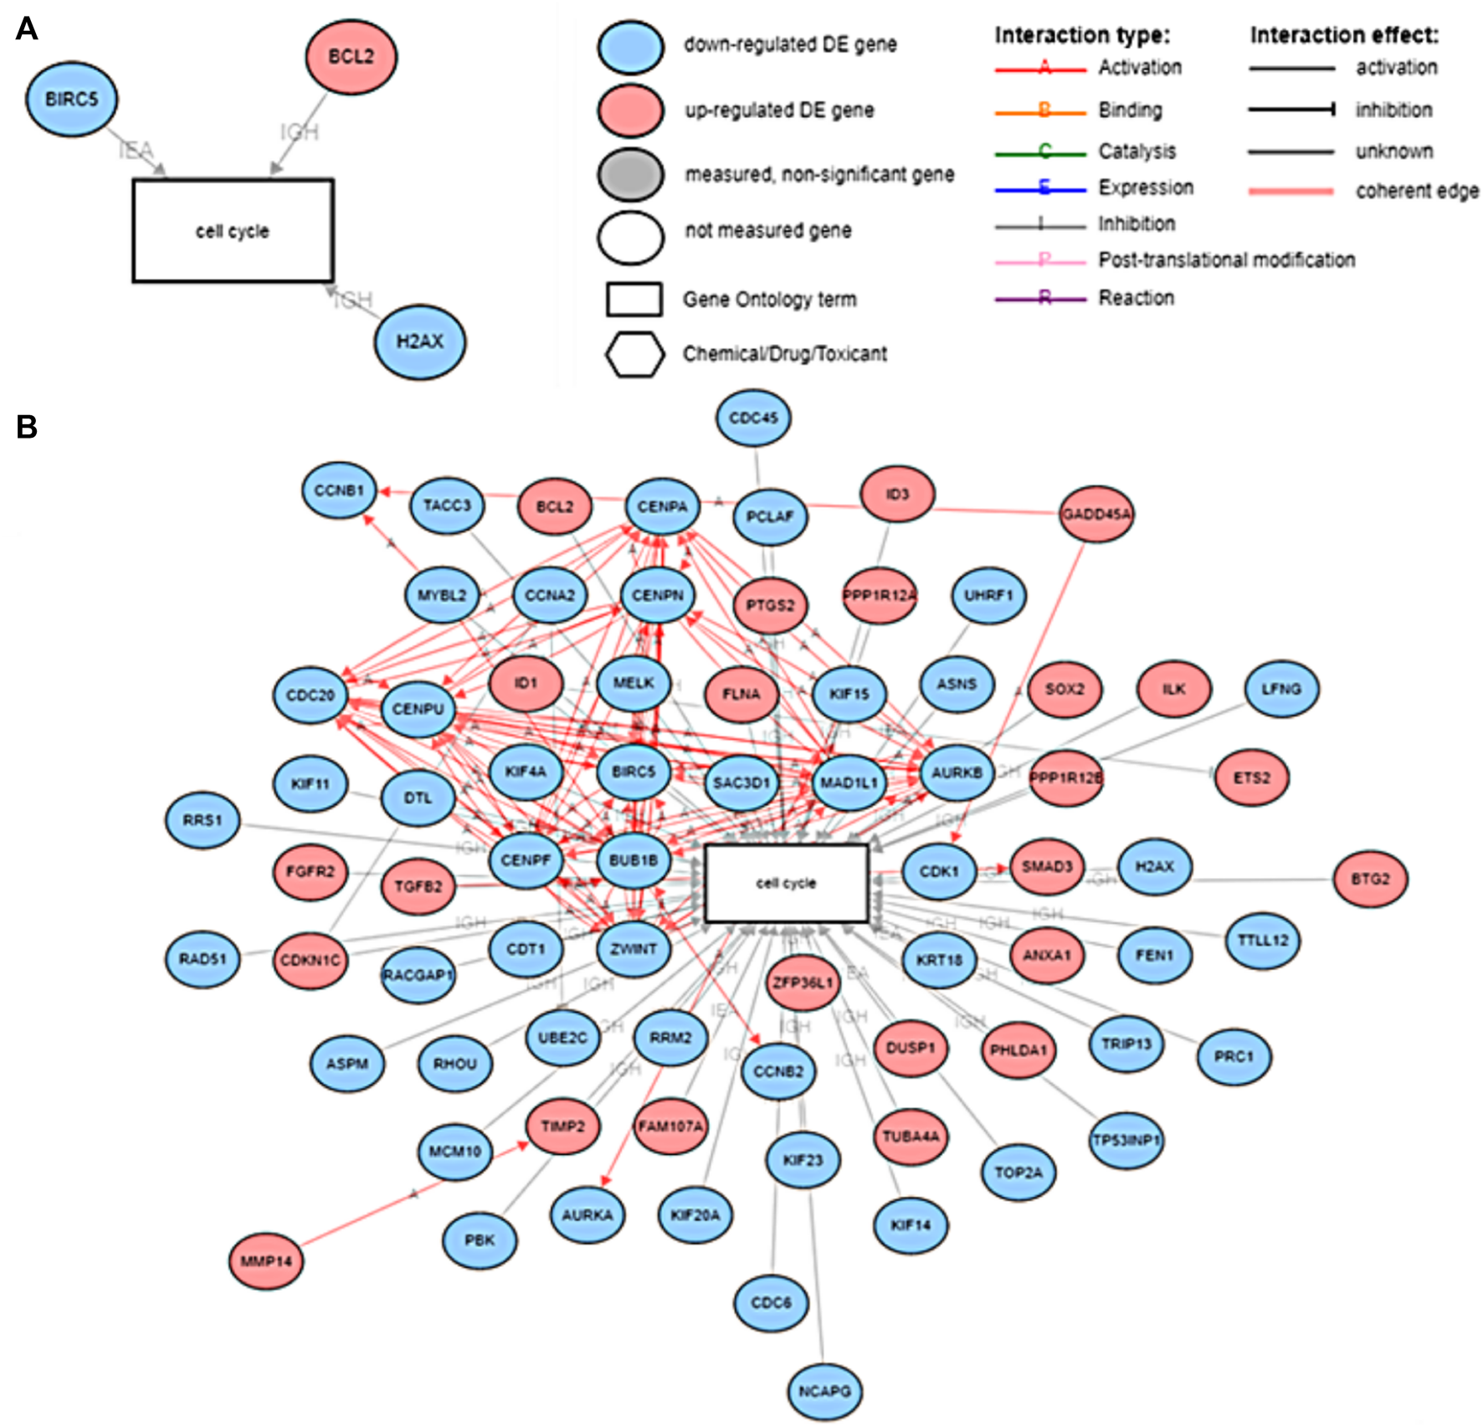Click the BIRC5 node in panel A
(72, 100)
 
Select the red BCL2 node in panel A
(351, 57)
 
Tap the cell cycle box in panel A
(233, 231)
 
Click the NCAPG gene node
(824, 1391)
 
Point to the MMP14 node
(266, 1261)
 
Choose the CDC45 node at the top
(753, 418)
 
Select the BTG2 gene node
(1370, 879)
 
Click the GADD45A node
(1096, 514)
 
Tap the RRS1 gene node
(203, 820)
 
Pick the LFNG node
(1281, 689)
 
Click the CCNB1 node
(339, 490)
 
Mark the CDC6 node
(771, 1302)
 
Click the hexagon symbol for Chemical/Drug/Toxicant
(634, 354)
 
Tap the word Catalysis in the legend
(1137, 151)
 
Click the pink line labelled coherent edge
(1291, 192)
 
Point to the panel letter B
(27, 427)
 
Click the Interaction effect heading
(1344, 35)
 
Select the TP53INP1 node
(1126, 1141)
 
